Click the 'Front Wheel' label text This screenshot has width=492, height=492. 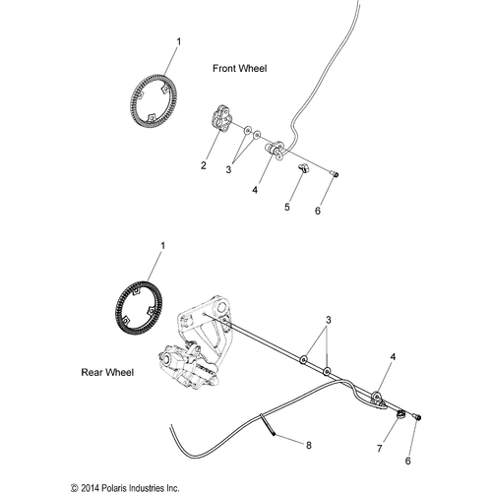tap(240, 68)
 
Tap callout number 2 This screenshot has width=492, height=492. tap(204, 165)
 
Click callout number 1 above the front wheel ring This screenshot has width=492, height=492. tap(178, 41)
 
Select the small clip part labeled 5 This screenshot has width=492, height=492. tap(305, 171)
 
